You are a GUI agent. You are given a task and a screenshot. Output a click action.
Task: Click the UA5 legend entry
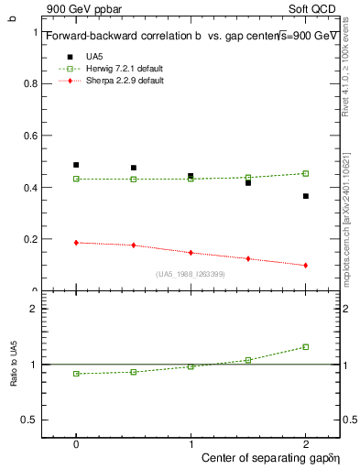94,57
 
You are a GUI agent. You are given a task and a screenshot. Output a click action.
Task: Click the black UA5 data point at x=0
76,165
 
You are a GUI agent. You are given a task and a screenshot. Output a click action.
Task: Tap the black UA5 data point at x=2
306,196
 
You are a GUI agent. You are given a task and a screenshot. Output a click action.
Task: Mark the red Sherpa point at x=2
306,266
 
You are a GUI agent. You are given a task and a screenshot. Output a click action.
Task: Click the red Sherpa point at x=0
76,243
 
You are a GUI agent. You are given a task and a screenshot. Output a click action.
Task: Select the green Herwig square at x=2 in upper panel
306,173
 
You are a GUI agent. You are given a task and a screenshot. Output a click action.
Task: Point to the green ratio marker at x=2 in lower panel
306,347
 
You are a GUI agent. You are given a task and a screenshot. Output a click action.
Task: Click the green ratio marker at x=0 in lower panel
76,374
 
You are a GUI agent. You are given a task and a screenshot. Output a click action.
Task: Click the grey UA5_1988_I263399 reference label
190,274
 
